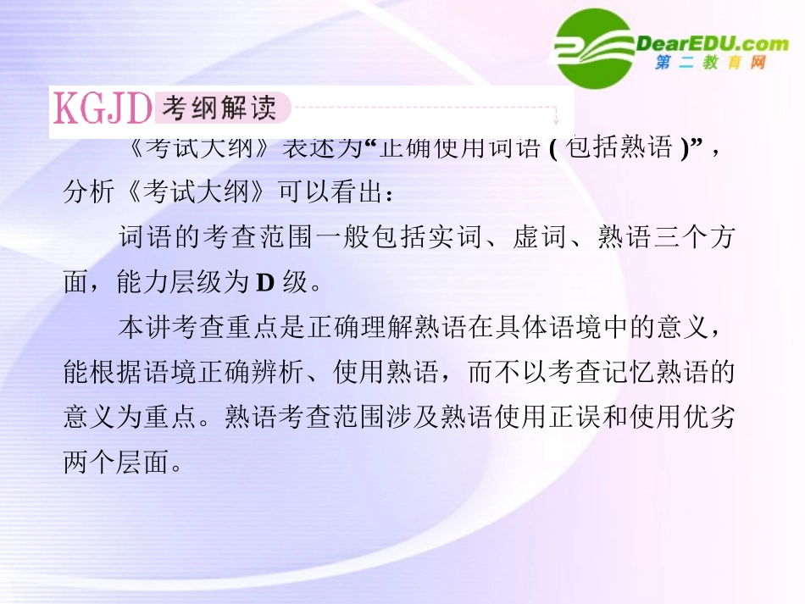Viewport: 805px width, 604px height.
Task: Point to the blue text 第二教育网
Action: [x=710, y=64]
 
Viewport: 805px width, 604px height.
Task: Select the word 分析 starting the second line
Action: [x=89, y=193]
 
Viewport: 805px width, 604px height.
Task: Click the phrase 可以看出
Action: [x=332, y=193]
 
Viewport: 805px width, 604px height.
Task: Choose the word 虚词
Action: [x=541, y=238]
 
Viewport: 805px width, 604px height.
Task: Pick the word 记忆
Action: [x=624, y=373]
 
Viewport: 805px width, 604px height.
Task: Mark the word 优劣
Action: [x=705, y=418]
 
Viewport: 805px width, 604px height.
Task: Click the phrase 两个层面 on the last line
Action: [x=116, y=463]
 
